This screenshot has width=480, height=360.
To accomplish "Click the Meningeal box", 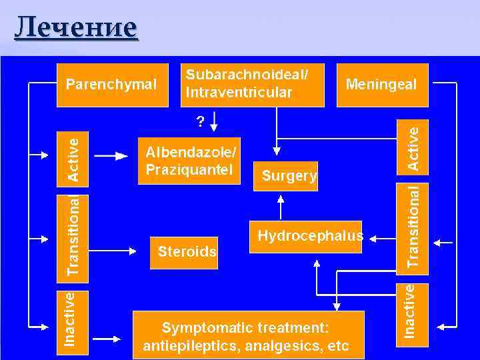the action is pyautogui.click(x=381, y=85).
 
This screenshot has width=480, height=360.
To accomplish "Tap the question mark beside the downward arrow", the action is pyautogui.click(x=200, y=121).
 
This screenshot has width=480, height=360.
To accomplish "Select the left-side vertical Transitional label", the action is pyautogui.click(x=75, y=235).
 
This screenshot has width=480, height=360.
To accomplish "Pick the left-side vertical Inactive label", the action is pyautogui.click(x=69, y=318).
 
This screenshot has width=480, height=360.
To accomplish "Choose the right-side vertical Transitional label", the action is pyautogui.click(x=414, y=227).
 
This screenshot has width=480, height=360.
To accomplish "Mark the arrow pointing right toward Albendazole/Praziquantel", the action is pyautogui.click(x=111, y=155).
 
